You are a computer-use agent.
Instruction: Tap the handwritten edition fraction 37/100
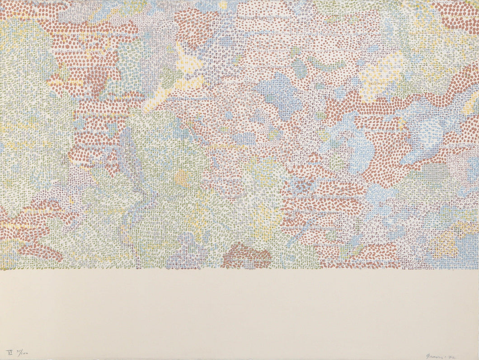pyautogui.click(x=21, y=351)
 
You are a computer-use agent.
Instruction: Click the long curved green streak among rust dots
pyautogui.click(x=325, y=66)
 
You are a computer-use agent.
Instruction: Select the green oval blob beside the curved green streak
pyautogui.click(x=299, y=68)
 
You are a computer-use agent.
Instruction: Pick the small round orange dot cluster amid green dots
pyautogui.click(x=182, y=178)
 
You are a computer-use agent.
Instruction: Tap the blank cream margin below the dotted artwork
pyautogui.click(x=239, y=312)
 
